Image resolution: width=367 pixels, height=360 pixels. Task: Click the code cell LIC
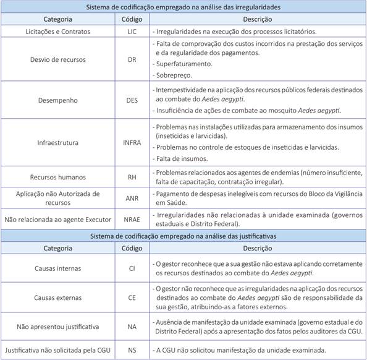pos(131,31)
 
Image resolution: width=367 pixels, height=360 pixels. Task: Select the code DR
pos(131,59)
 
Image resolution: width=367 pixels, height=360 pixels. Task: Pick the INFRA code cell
pos(131,142)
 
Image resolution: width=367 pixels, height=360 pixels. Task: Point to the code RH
pos(131,177)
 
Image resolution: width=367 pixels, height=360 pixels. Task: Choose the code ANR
pos(131,198)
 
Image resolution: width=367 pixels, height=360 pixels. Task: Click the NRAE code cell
pos(131,219)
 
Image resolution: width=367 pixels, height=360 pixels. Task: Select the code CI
pos(131,268)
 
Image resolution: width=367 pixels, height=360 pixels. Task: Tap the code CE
pos(131,297)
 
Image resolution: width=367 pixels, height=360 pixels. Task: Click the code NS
pos(131,349)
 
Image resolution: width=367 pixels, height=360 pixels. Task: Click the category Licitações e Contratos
pos(58,31)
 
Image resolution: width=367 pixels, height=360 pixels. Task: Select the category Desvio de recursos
pos(58,59)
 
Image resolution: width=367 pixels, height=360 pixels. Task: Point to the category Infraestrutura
pos(58,142)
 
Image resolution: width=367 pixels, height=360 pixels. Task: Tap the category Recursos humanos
pos(58,177)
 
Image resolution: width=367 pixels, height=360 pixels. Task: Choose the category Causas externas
pos(58,297)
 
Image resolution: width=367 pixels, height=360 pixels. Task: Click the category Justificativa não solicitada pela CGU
pos(58,349)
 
